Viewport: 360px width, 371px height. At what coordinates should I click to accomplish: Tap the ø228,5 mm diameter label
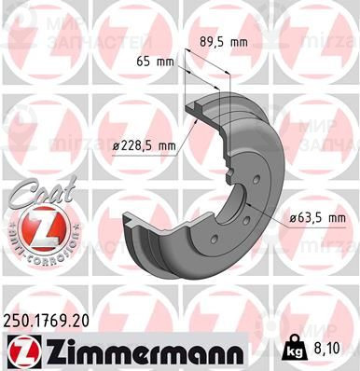click(144, 145)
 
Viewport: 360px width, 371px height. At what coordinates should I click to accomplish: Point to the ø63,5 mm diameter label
click(313, 217)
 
